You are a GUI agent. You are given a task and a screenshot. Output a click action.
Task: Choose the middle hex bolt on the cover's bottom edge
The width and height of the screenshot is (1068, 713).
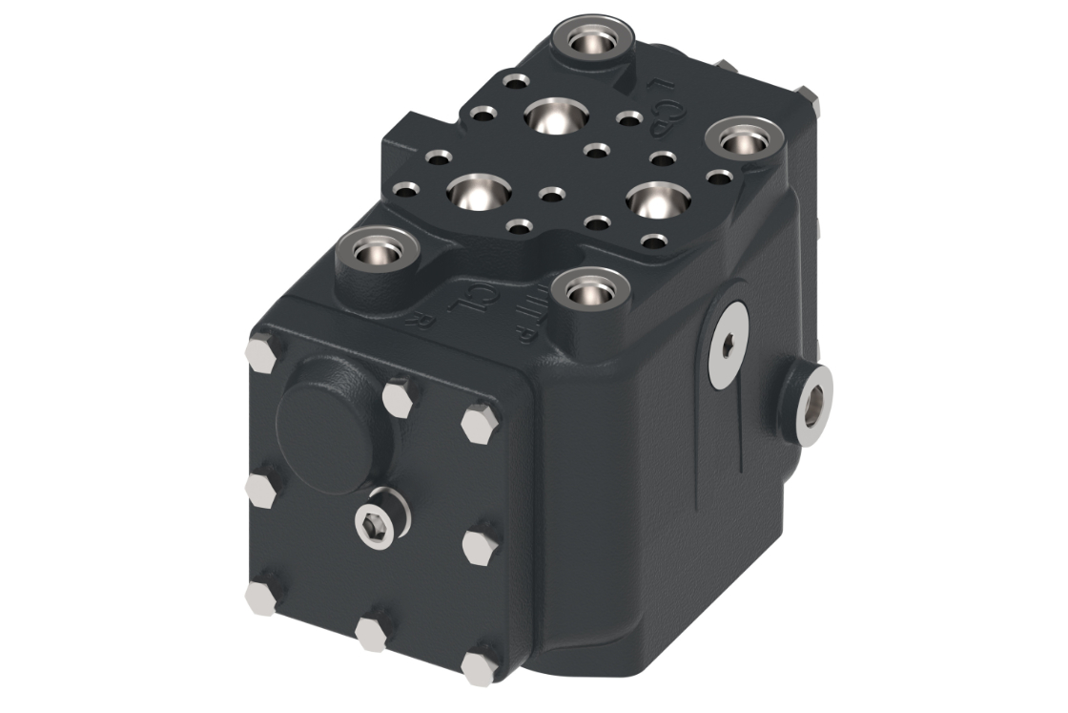point(371,632)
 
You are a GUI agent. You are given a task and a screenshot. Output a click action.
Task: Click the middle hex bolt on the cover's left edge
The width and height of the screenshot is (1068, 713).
point(259,490)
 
